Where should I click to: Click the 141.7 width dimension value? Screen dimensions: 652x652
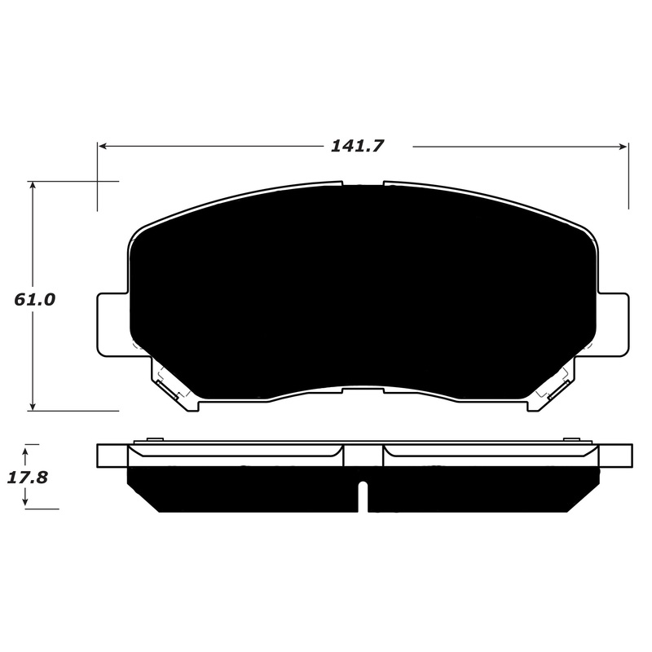click(x=357, y=146)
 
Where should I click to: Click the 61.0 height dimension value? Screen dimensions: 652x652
click(x=34, y=299)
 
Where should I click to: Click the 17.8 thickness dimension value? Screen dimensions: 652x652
click(x=28, y=478)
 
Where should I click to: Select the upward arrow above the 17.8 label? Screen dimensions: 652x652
click(x=26, y=449)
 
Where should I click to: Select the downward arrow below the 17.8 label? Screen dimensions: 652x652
click(x=26, y=503)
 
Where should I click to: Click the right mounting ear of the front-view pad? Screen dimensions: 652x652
click(x=615, y=324)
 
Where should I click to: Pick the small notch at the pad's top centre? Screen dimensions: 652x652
click(x=363, y=184)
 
